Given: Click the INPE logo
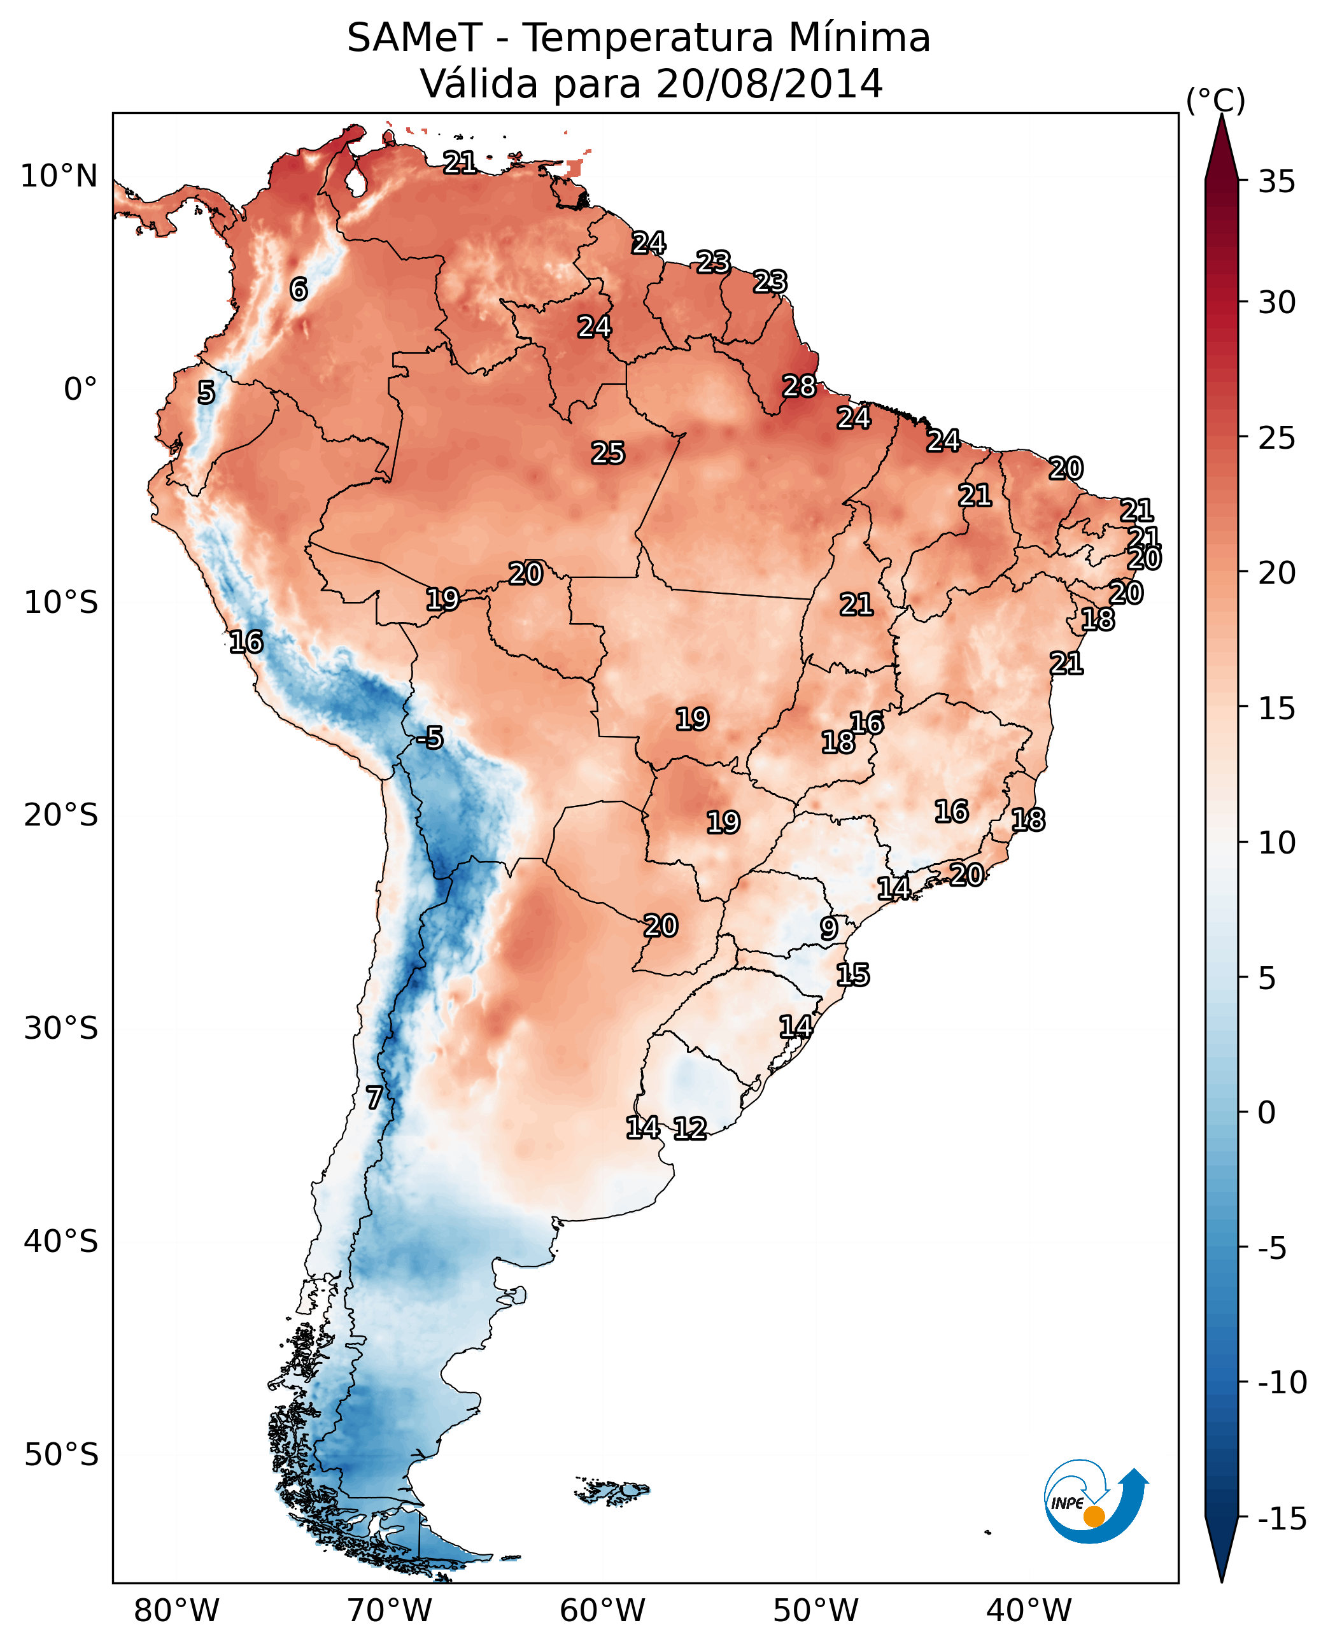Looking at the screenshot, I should (1096, 1503).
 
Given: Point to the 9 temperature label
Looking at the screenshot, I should (828, 928).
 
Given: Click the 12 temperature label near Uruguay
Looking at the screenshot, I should (689, 1128).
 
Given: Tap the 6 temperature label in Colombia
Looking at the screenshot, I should (299, 289).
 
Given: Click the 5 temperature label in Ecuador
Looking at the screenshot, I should (206, 392).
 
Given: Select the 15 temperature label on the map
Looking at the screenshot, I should (852, 974).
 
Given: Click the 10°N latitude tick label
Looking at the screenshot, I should (59, 177).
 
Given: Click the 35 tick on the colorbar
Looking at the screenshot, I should (1276, 182).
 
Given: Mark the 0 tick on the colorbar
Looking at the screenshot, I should (1267, 1113).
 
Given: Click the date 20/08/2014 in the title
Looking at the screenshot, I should (769, 83).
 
